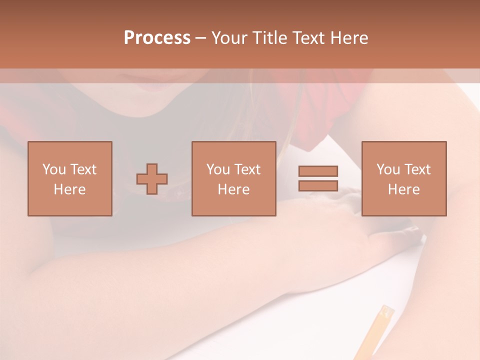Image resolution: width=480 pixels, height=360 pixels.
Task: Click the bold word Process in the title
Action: (157, 38)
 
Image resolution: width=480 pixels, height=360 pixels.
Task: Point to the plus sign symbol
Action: (152, 179)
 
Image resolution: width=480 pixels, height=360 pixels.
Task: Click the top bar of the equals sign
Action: (318, 171)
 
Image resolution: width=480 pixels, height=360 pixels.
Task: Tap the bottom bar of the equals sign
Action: (318, 185)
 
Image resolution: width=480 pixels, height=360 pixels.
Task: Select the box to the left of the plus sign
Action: (70, 178)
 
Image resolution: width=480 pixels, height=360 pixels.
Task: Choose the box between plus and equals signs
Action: (233, 178)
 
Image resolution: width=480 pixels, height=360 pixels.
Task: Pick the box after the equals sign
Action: (404, 178)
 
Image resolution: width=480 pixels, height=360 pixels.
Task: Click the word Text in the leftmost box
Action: (83, 169)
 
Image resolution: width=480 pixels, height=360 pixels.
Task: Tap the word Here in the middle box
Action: (233, 189)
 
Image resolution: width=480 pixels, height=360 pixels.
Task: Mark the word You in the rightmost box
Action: (388, 169)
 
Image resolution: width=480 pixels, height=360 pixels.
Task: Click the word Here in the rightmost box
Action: (404, 189)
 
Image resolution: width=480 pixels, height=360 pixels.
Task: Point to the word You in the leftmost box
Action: (54, 169)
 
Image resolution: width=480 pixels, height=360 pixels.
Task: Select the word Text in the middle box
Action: (247, 169)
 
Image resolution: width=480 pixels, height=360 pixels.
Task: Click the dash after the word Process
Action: (201, 38)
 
